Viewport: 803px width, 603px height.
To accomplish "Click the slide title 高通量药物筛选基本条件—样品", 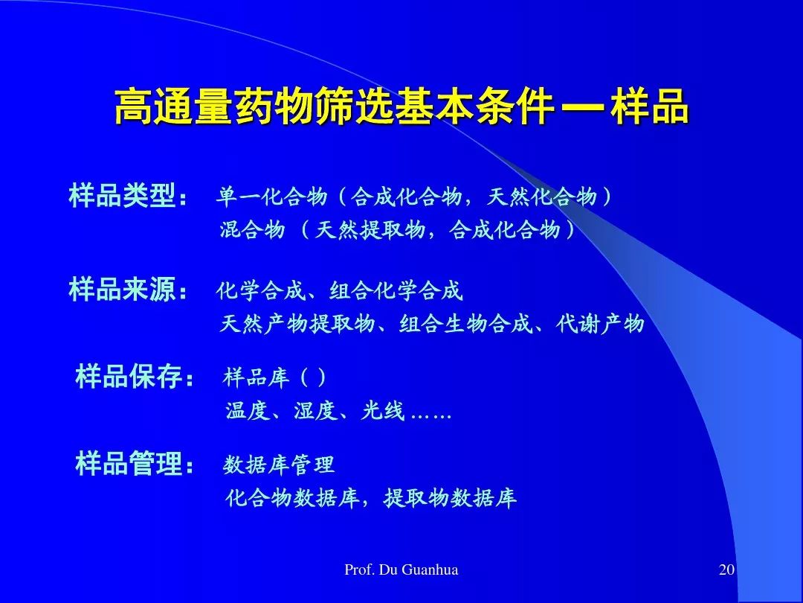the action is click(x=401, y=106).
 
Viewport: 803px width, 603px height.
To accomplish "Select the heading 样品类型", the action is click(x=123, y=195).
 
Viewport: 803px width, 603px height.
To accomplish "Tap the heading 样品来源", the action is click(x=123, y=289).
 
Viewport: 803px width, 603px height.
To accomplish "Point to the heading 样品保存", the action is click(x=129, y=376).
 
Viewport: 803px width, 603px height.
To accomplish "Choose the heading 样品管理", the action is click(x=129, y=463).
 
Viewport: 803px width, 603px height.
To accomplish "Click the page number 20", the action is click(x=726, y=569).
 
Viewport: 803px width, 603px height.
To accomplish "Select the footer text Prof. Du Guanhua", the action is click(x=401, y=569).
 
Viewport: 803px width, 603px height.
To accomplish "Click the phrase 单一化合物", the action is click(x=271, y=197).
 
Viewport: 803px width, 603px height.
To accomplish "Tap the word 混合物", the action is click(x=253, y=229).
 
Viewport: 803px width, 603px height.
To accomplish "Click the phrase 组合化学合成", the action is click(x=396, y=290).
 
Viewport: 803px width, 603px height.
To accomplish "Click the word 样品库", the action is click(x=257, y=377).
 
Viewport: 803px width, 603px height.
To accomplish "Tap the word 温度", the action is click(x=248, y=410).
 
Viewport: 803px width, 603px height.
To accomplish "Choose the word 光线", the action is click(x=383, y=410).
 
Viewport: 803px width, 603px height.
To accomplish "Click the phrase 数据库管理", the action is click(x=279, y=465).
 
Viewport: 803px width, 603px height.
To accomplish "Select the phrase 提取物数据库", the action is click(x=450, y=497).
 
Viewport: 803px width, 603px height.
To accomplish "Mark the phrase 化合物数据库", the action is click(x=292, y=497).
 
